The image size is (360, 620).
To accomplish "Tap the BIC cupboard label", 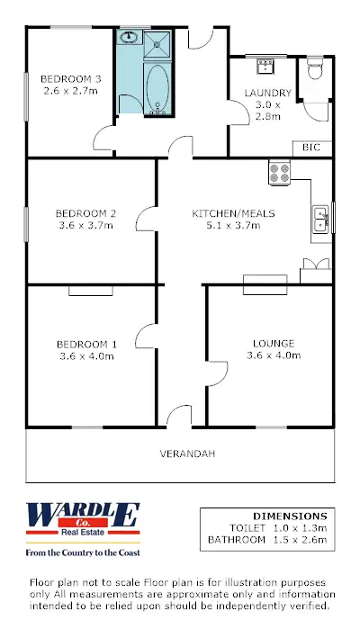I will point(311,148).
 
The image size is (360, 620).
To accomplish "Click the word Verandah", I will point(187,454).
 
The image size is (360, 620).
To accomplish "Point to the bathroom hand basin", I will point(129,39).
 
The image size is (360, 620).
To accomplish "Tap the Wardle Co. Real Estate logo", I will point(83,518).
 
